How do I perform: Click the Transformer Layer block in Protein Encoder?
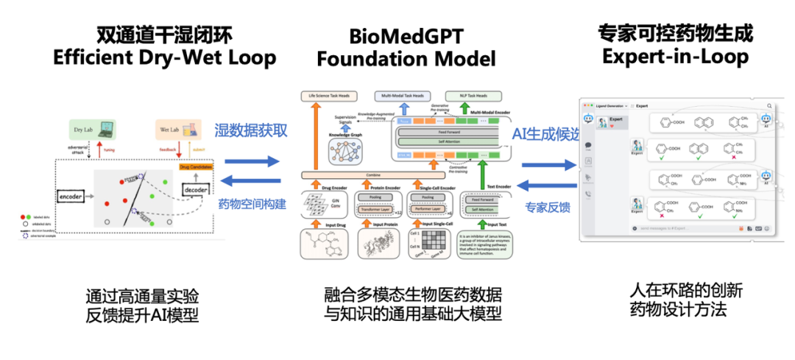pos(379,208)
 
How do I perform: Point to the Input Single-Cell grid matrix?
pos(433,244)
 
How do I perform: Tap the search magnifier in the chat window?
pos(769,106)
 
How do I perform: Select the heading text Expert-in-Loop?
pos(675,57)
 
